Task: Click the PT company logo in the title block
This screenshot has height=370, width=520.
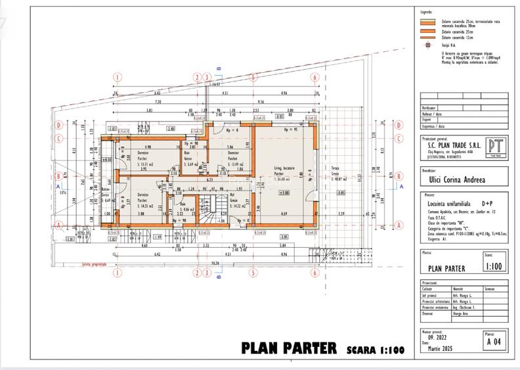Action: (495, 148)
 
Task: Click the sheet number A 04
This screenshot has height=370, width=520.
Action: (494, 342)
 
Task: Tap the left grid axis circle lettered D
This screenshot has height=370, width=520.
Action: (58, 124)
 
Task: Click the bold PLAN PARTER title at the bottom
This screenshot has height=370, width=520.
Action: (289, 347)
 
